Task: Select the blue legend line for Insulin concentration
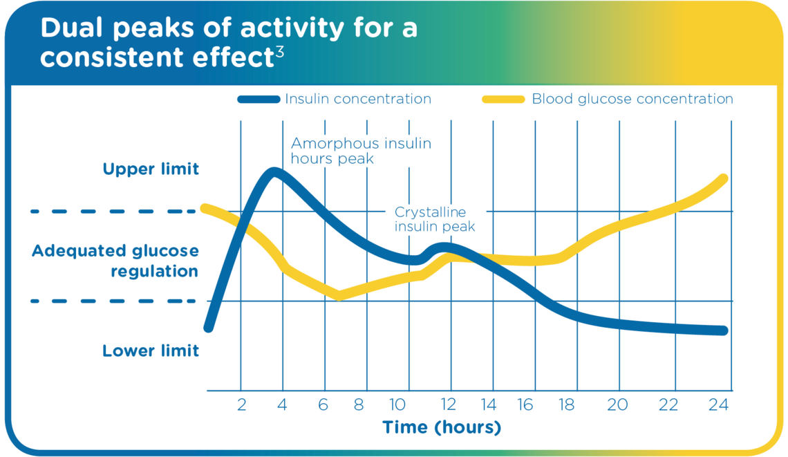coord(259,99)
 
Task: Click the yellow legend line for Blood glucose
coord(503,99)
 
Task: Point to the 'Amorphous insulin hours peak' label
coord(361,151)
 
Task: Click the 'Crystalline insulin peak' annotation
coord(434,219)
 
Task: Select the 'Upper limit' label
coord(151,169)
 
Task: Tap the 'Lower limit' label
coord(151,351)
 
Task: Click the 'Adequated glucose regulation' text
coord(115,261)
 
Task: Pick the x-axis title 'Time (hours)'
coord(441,427)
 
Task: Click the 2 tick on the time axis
coord(241,404)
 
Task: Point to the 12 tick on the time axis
coord(448,404)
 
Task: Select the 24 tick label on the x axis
coord(719,404)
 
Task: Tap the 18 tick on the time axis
coord(566,404)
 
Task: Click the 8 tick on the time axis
coord(359,404)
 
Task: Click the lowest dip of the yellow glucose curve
coord(339,296)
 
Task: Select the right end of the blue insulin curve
coord(724,330)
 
